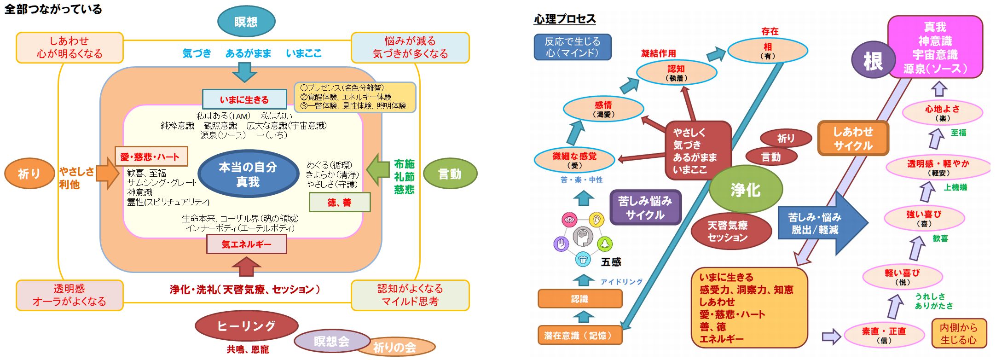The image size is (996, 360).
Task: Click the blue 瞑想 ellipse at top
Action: [x=246, y=22]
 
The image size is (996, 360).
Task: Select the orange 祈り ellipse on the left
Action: [x=29, y=174]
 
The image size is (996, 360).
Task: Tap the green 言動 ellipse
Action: [x=449, y=174]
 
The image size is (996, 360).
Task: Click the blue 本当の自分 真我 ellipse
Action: [x=248, y=174]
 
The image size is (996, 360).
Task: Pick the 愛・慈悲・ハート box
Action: [x=151, y=157]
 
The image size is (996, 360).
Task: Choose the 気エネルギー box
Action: [x=247, y=244]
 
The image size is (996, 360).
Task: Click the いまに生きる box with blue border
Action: [x=244, y=99]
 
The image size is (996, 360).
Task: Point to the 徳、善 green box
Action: [x=339, y=202]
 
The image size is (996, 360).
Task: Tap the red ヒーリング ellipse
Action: [x=246, y=326]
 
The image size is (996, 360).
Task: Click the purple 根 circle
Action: [x=872, y=61]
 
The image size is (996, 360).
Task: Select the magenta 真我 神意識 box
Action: [x=935, y=47]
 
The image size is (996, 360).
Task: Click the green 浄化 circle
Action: [x=746, y=189]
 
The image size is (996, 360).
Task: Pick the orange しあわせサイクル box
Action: [x=853, y=139]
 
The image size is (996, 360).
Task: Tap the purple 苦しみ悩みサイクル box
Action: [x=645, y=208]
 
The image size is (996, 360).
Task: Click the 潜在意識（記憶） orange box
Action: [x=579, y=335]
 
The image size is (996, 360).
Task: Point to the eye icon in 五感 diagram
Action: [x=569, y=220]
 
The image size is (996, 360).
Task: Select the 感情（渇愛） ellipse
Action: [x=603, y=109]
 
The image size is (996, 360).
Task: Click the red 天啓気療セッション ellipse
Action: [x=727, y=231]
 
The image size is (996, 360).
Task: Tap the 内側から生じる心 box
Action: [x=958, y=333]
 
